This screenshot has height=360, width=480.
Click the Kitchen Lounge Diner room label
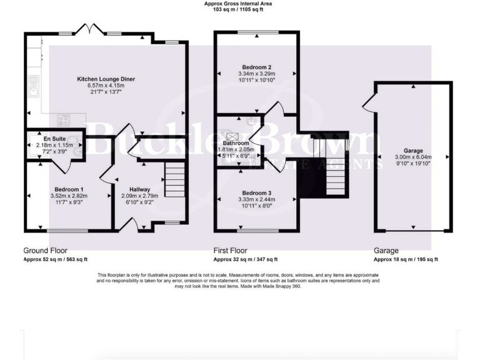tap(106, 79)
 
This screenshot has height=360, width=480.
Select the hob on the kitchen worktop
tap(64, 120)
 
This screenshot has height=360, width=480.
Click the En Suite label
tap(55, 139)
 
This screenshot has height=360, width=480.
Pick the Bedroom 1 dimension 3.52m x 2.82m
tap(69, 196)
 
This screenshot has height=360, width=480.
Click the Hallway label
tap(139, 189)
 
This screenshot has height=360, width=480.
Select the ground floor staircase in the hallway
tap(175, 180)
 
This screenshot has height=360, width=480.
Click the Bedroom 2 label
tap(256, 67)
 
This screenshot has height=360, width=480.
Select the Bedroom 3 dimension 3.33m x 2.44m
tap(256, 200)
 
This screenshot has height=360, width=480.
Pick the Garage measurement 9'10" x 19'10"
tap(413, 164)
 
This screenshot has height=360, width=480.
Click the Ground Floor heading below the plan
tap(45, 249)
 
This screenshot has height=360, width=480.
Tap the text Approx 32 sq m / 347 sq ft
tap(246, 259)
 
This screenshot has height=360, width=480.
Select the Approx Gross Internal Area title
tap(237, 4)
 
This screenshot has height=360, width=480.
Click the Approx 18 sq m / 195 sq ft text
tap(406, 259)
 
